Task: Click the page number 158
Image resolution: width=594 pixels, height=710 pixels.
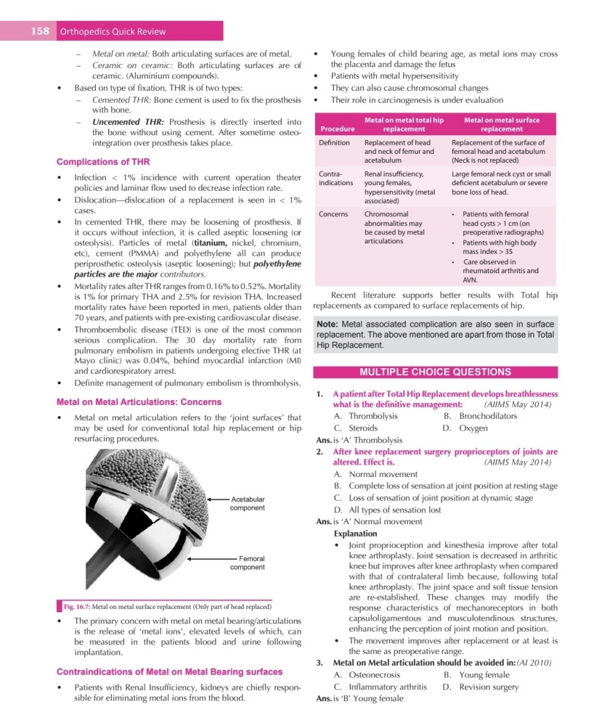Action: [x=39, y=31]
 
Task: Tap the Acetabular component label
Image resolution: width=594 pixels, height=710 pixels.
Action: [x=248, y=503]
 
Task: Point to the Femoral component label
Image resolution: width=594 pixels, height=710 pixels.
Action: [x=248, y=563]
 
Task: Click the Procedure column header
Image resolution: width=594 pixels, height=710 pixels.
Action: [x=337, y=129]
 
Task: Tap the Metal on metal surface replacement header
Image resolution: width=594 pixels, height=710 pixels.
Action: [x=502, y=125]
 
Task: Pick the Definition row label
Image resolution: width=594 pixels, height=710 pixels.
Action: [x=334, y=143]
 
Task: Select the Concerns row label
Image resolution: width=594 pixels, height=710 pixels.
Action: [x=333, y=214]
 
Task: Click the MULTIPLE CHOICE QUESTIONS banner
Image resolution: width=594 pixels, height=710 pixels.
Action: [x=435, y=372]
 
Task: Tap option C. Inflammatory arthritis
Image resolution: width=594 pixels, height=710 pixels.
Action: [x=380, y=686]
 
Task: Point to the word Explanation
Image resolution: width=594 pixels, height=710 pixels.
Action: [x=355, y=534]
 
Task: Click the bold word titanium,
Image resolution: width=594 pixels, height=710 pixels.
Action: [x=214, y=243]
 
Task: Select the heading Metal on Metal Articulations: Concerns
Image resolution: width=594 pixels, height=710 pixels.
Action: [x=139, y=401]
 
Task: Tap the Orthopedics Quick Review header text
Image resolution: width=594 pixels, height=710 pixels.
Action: [x=113, y=31]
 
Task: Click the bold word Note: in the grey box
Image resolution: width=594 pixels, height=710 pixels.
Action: [x=328, y=324]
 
